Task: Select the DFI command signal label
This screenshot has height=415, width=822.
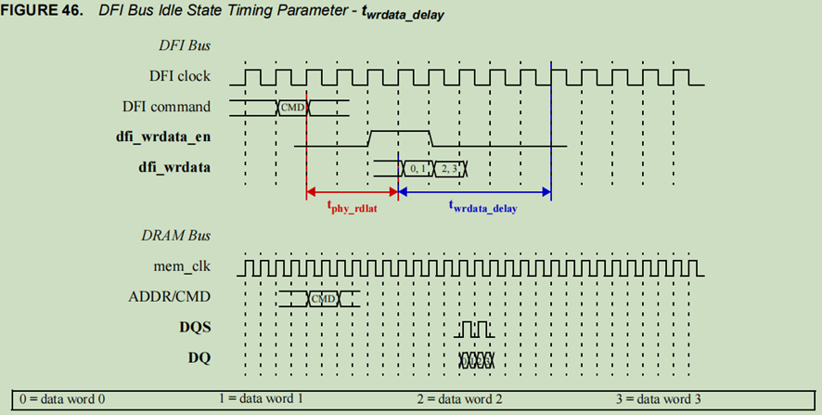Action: [x=166, y=107]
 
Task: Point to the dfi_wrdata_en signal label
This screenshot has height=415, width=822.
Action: [x=164, y=137]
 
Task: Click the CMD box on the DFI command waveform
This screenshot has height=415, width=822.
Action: [x=292, y=108]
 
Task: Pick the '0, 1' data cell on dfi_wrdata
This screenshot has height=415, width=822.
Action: [x=414, y=168]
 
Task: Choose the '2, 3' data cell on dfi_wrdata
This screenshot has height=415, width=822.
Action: [x=449, y=168]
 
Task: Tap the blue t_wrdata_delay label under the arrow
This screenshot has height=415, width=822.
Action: [x=482, y=208]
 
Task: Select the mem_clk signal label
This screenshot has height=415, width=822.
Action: [x=184, y=267]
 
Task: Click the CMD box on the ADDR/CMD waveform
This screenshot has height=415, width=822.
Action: [x=323, y=298]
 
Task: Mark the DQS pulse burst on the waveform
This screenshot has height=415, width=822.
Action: [x=476, y=329]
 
